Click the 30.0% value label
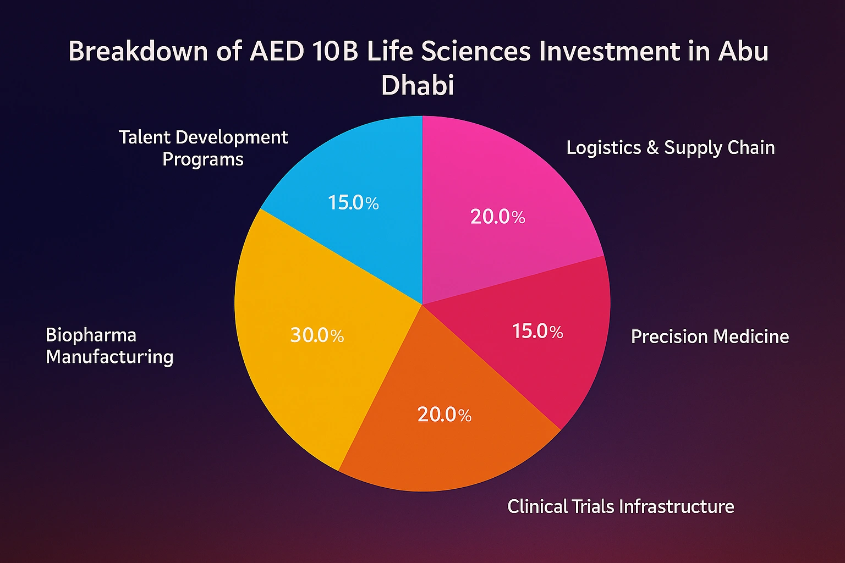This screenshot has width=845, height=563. (x=317, y=335)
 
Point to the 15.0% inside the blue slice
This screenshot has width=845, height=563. (x=353, y=203)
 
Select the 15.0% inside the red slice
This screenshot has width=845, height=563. (x=537, y=331)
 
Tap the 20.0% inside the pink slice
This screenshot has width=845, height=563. (x=497, y=217)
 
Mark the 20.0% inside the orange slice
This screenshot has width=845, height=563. (x=444, y=414)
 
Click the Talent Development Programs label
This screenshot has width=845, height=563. (x=203, y=148)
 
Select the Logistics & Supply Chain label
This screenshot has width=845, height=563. (x=671, y=147)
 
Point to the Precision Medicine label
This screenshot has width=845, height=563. (x=710, y=336)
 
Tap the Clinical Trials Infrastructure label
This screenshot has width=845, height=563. (x=621, y=506)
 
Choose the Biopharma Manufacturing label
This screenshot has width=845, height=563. (x=109, y=346)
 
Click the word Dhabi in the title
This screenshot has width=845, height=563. (x=418, y=85)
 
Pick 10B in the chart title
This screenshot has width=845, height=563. (x=333, y=52)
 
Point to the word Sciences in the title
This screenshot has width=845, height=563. (x=476, y=52)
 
